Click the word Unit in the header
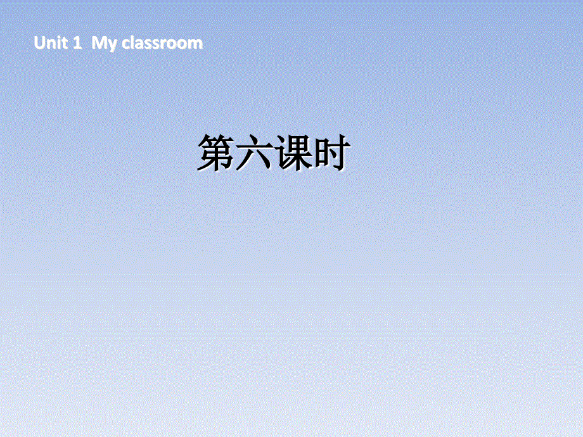pyautogui.click(x=50, y=43)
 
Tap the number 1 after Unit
pyautogui.click(x=78, y=43)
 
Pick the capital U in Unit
pyautogui.click(x=40, y=43)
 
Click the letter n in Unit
pyautogui.click(x=50, y=44)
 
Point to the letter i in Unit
pyautogui.click(x=58, y=43)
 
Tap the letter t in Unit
pyautogui.click(x=63, y=44)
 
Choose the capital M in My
pyautogui.click(x=98, y=43)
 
